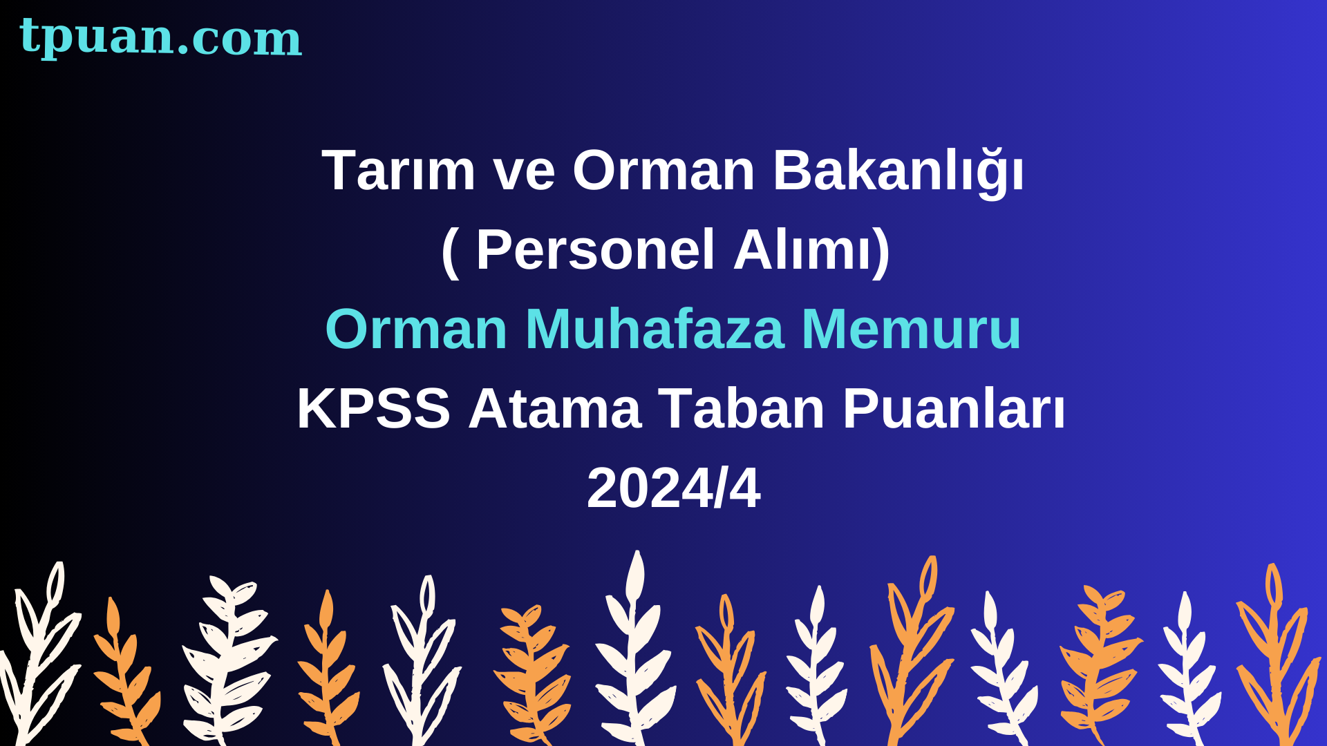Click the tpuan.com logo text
(x=160, y=37)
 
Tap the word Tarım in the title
(x=399, y=170)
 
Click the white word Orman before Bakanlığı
(x=663, y=170)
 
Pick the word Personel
(x=595, y=249)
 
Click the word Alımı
(x=802, y=249)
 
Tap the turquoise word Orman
(x=417, y=329)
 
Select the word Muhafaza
(x=655, y=329)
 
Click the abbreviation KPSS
(x=374, y=408)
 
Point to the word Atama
(x=554, y=408)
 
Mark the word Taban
(x=742, y=408)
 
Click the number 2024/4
(x=674, y=488)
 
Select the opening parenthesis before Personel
(x=450, y=252)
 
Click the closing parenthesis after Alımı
(x=882, y=252)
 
